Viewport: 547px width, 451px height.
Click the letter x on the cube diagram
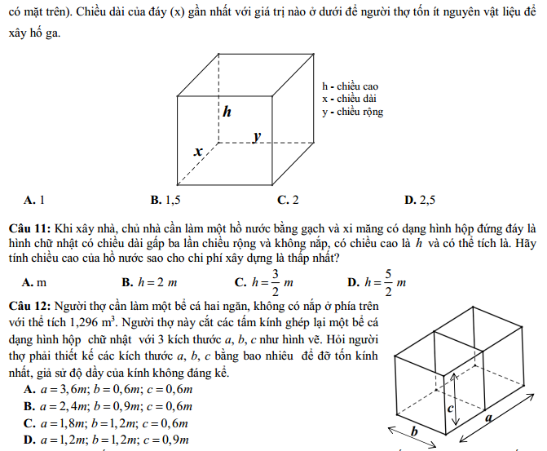(197, 151)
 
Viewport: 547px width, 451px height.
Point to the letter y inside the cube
(256, 136)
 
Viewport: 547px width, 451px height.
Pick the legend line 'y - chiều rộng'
(352, 113)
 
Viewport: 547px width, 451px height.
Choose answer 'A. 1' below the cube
(34, 199)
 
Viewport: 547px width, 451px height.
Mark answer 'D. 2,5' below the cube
(420, 199)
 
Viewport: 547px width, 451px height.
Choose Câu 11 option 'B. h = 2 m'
(150, 282)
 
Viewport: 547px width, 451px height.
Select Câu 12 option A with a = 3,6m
(108, 390)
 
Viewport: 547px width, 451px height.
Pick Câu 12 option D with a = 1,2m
(108, 440)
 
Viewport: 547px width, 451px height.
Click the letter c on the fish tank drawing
(448, 405)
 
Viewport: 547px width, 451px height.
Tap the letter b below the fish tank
(414, 431)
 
